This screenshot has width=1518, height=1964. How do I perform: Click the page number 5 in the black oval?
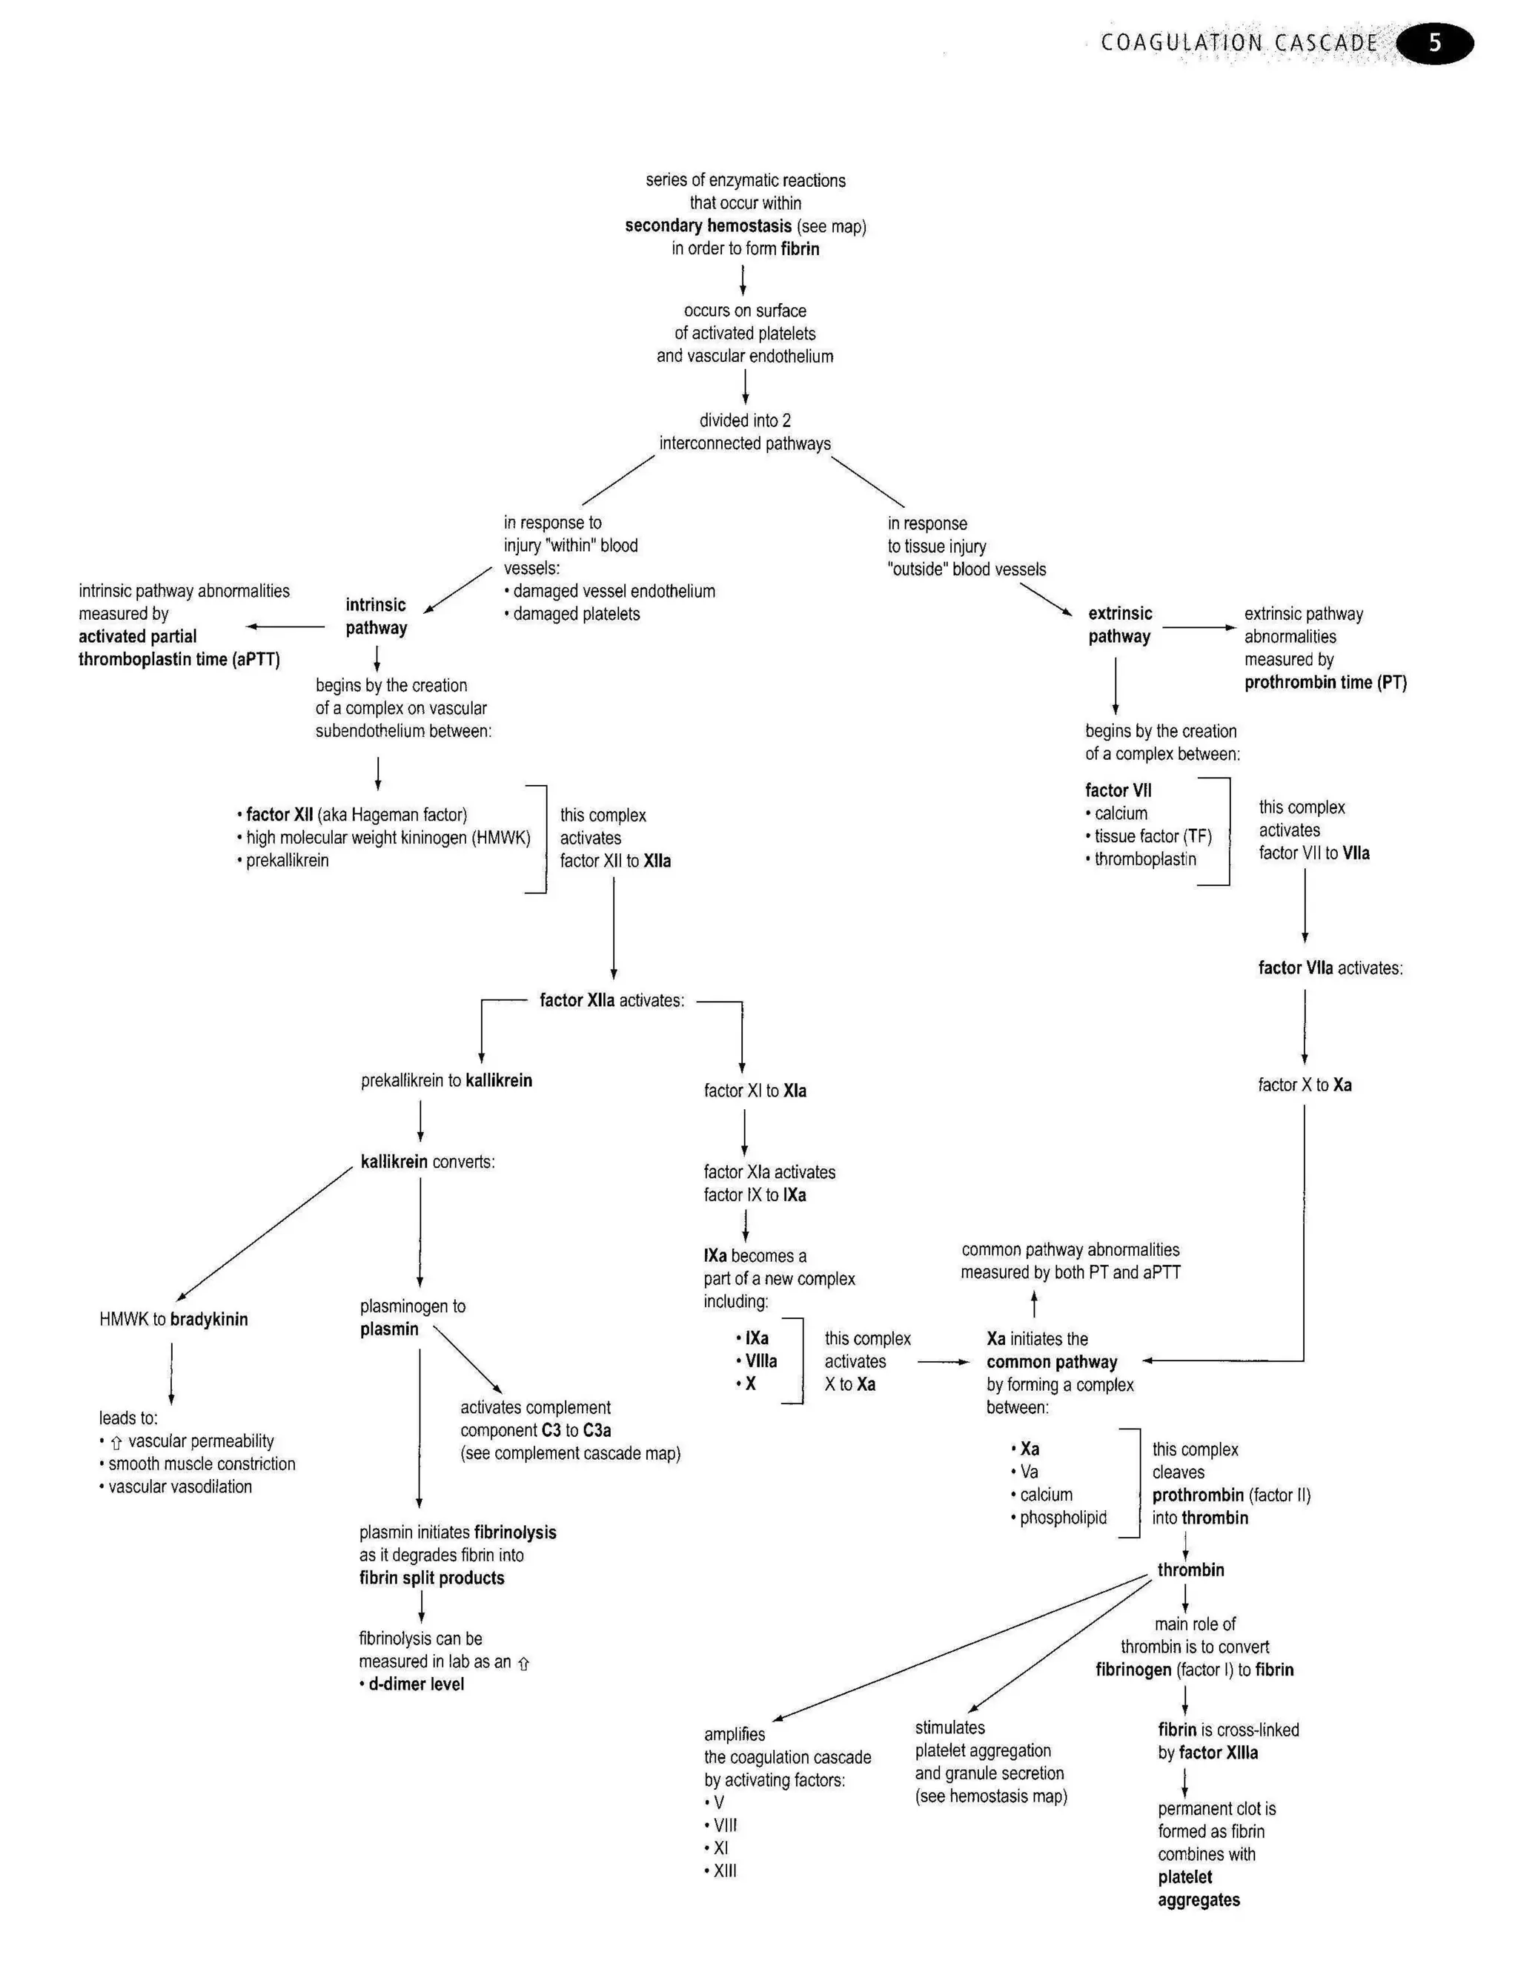(x=1435, y=43)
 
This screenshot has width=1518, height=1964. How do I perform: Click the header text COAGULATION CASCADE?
(x=1239, y=43)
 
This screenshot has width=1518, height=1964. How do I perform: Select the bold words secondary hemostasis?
(x=709, y=225)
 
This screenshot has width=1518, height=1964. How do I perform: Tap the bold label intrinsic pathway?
(x=376, y=616)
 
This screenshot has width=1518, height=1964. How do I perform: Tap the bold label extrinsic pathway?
(x=1120, y=624)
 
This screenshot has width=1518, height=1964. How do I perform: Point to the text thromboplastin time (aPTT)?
(x=179, y=659)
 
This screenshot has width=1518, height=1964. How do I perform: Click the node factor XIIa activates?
(x=611, y=1000)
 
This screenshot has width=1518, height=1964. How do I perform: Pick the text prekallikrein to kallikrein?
(x=446, y=1080)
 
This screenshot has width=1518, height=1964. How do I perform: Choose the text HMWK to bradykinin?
(x=173, y=1319)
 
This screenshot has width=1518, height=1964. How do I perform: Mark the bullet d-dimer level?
(x=416, y=1684)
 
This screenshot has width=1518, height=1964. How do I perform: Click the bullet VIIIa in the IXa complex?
(x=760, y=1360)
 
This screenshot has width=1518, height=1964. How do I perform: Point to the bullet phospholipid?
(x=1062, y=1517)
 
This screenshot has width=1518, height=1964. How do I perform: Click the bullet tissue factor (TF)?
(x=1152, y=836)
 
